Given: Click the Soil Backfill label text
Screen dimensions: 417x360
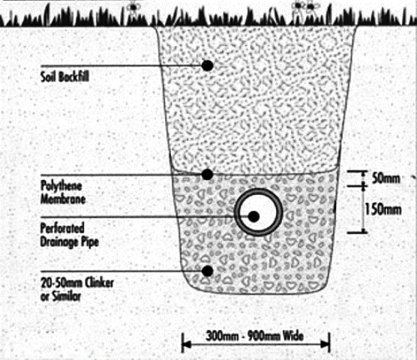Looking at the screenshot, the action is point(64,76).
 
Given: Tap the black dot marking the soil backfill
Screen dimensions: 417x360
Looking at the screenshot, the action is point(207,65).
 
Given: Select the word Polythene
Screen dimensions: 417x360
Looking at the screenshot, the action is point(61,185).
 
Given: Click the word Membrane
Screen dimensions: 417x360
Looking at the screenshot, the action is point(63,199).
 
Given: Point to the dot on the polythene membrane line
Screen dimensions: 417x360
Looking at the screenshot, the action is point(207,175).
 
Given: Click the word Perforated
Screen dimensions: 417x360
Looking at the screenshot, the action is point(62,228).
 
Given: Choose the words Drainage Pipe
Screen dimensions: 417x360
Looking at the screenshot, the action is point(70,242).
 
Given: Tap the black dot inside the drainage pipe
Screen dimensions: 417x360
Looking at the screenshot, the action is point(253,217).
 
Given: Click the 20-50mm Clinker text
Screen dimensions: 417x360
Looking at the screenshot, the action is point(77,283).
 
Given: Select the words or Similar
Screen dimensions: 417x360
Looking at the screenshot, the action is point(60,296).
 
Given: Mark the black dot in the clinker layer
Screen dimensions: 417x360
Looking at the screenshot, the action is point(207,271).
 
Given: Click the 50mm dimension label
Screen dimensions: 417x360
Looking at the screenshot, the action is point(385,178).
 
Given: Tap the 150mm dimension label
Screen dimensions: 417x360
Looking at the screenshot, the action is point(382,209).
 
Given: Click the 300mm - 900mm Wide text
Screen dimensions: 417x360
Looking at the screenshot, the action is point(254,336).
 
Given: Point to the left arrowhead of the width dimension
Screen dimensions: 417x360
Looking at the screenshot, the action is point(187,344).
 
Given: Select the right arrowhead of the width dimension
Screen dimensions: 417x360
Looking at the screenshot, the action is point(325,344).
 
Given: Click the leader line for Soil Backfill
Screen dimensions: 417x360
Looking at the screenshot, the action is point(121,65).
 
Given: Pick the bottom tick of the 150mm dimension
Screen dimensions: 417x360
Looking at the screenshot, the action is point(358,232).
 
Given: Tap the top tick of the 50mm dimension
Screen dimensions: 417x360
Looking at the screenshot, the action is point(358,171).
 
